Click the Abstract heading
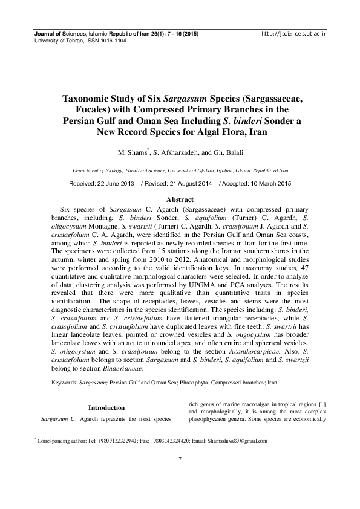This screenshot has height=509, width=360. pos(180,199)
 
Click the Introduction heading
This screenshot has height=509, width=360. pos(106,407)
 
